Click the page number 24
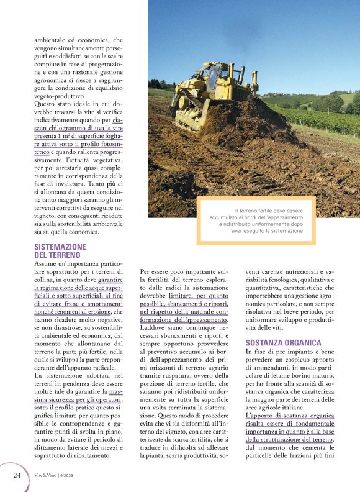point(17,475)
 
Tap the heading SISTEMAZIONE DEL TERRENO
point(60,250)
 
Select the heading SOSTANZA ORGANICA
point(284,342)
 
